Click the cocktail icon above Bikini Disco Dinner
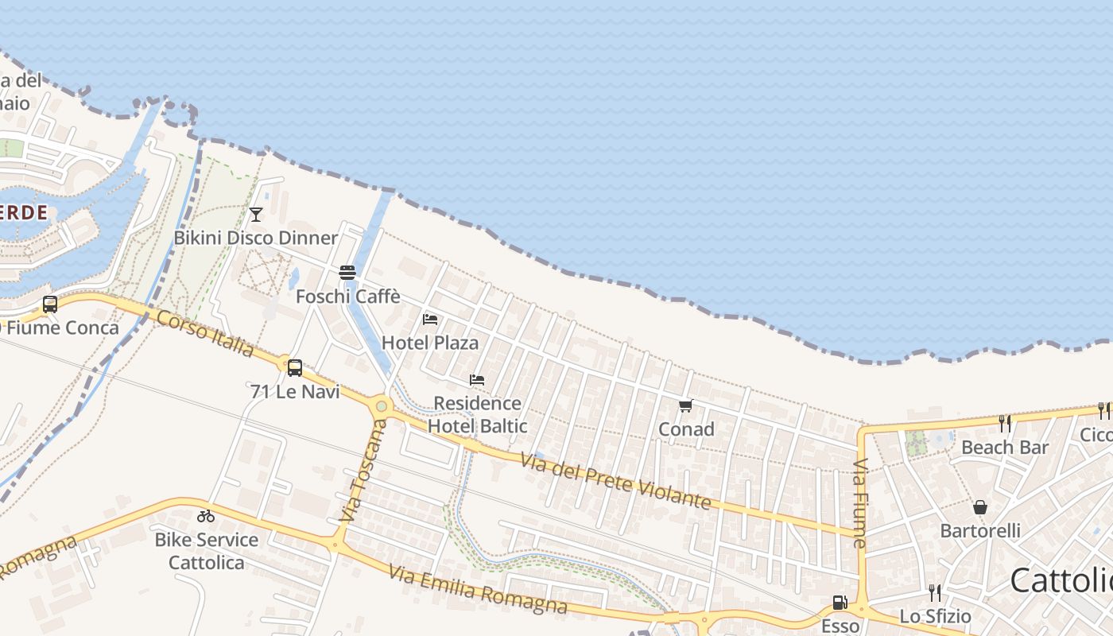[255, 214]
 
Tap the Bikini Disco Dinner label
[256, 238]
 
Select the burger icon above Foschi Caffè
[347, 273]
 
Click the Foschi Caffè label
[347, 297]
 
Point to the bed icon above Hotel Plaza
[430, 319]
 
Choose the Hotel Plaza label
[430, 343]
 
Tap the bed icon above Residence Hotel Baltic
[477, 379]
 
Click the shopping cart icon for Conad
[686, 405]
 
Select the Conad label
[686, 429]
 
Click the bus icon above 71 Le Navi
[295, 367]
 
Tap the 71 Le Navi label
[295, 391]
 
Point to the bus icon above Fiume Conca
[50, 304]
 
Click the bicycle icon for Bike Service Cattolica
[206, 516]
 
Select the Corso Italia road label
[206, 333]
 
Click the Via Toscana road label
[363, 472]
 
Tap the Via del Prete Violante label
[615, 479]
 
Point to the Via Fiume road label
[860, 503]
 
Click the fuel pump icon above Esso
[840, 603]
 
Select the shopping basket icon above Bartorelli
[980, 506]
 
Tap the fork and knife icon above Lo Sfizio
[935, 592]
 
